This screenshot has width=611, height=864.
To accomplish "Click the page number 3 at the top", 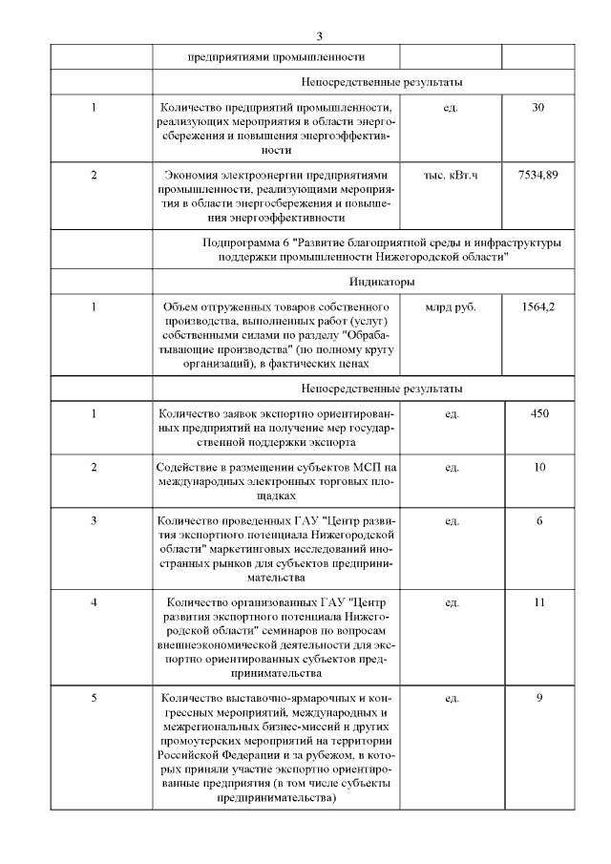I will point(320,35).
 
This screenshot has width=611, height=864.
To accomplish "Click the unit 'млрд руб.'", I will point(452,306).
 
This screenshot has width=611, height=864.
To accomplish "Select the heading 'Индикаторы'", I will point(381,282).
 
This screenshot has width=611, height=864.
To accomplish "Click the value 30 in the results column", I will point(538,107).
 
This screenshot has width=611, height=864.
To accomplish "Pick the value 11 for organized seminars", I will point(539,603).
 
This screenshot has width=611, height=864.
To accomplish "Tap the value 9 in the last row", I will point(539,698).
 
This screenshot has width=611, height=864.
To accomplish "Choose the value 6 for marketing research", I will point(539,520).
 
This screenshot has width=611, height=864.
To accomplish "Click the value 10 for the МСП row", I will point(539,467).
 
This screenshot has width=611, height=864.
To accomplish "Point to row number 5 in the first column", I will point(95,698).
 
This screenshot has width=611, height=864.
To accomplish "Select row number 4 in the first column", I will point(94,603).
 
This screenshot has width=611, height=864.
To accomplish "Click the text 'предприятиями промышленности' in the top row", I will point(276,57).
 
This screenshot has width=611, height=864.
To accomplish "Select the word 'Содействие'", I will point(188,467).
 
